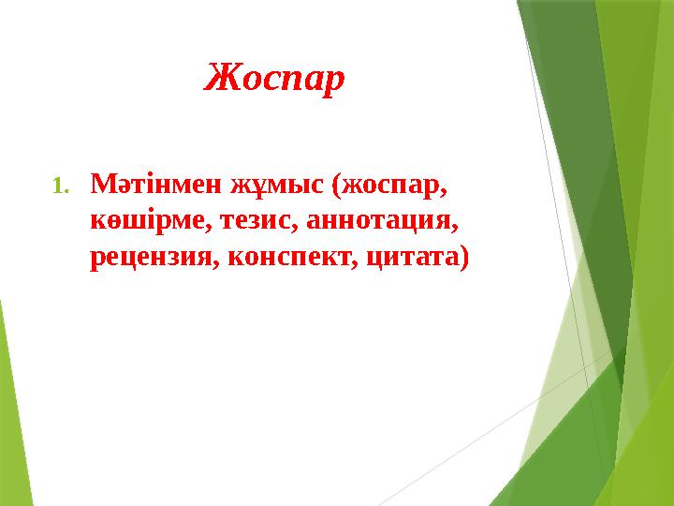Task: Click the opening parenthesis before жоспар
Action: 336,185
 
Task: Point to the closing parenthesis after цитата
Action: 461,256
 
